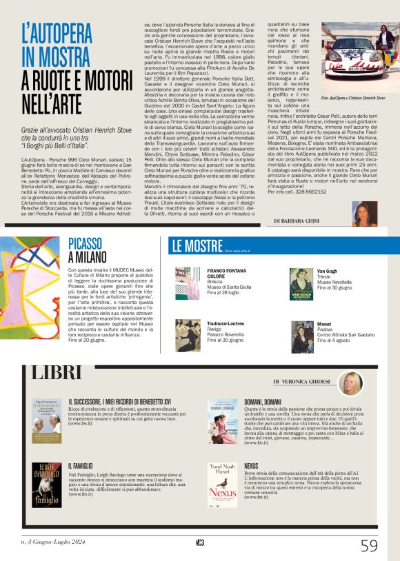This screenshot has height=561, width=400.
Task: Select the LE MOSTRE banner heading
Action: click(197, 247)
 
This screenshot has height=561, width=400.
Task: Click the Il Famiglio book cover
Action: click(46, 482)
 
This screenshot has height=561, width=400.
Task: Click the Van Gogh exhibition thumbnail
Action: click(301, 283)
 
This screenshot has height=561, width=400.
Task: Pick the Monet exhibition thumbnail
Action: click(301, 334)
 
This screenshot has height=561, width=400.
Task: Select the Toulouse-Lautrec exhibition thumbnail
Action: click(188, 334)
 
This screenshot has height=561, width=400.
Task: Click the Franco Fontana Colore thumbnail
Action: click(188, 283)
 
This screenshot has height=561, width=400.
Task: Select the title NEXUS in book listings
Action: click(251, 465)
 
